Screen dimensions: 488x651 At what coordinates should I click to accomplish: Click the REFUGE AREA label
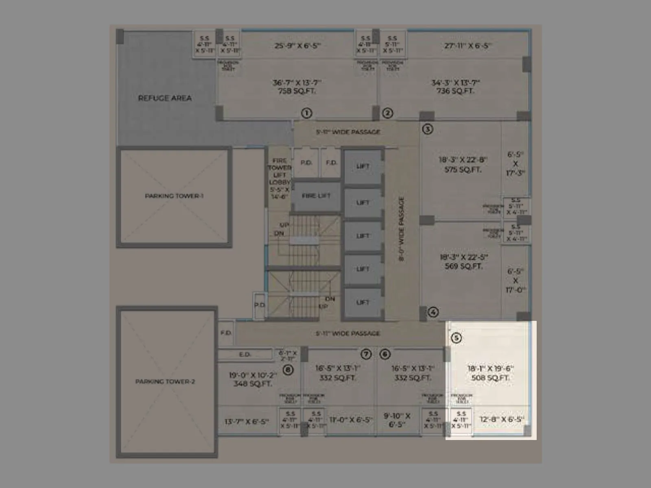[165, 98]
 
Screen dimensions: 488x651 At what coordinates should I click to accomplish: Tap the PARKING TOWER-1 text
[174, 196]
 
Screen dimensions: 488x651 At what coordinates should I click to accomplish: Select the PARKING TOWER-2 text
[165, 381]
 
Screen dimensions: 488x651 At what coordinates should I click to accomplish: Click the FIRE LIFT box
[316, 196]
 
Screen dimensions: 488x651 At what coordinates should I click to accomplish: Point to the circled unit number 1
[306, 113]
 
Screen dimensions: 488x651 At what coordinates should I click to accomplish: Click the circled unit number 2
[387, 113]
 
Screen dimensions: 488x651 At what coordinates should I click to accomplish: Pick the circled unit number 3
[428, 129]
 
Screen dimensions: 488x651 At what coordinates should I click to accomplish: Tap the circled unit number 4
[433, 312]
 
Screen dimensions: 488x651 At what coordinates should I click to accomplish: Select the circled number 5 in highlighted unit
[456, 338]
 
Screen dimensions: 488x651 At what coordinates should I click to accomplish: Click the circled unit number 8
[288, 370]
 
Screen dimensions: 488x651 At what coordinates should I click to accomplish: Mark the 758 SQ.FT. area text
[297, 91]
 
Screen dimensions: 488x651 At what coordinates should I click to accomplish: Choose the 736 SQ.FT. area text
[455, 91]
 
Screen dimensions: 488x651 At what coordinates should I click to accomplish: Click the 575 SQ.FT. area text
[463, 170]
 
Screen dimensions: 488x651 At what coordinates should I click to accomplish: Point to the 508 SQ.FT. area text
[490, 378]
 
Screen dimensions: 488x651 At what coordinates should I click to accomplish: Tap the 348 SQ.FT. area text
[252, 383]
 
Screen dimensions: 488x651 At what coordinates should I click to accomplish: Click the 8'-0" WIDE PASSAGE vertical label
[402, 229]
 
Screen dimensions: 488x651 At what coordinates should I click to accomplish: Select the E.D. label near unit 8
[245, 355]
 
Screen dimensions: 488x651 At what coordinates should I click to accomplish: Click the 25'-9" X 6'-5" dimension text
[297, 46]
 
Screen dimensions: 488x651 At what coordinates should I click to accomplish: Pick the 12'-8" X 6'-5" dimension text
[502, 419]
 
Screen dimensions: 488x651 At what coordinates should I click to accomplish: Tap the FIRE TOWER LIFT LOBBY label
[280, 178]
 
